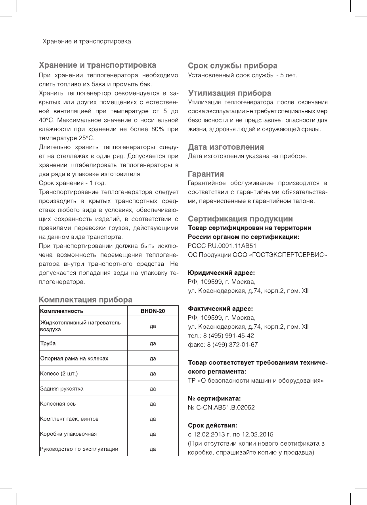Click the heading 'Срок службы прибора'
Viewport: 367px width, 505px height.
[x=232, y=66]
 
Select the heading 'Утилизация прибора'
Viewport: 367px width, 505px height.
[x=229, y=93]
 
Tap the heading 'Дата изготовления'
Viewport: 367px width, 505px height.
[x=226, y=147]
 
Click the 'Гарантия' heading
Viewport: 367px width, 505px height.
[x=206, y=174]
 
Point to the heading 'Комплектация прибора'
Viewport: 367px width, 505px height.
[x=85, y=299]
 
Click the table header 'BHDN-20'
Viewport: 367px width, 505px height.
[x=153, y=311]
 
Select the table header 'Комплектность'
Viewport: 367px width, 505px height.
[x=62, y=311]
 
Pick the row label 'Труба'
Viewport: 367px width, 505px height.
[x=48, y=343]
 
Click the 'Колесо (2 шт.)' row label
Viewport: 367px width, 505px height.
[x=59, y=374]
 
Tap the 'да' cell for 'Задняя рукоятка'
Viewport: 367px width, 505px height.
[x=153, y=389]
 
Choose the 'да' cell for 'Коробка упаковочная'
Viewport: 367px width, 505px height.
[x=153, y=434]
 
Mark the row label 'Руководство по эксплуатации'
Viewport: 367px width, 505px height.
[x=79, y=449]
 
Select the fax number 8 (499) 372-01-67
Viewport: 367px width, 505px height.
[x=233, y=345]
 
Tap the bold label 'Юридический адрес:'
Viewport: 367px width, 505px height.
[x=221, y=273]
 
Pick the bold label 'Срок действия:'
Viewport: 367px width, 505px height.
[x=212, y=425]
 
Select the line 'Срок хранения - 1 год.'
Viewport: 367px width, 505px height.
[x=72, y=183]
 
